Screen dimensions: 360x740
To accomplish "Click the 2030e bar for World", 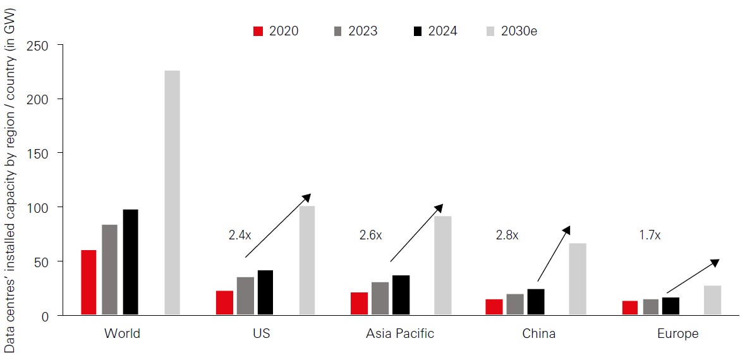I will (172, 193).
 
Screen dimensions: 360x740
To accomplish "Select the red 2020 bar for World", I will (88, 282).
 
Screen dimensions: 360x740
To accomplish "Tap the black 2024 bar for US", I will (265, 292).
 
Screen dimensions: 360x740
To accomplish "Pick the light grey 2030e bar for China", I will (578, 279).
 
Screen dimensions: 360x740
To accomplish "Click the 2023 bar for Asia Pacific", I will (380, 298).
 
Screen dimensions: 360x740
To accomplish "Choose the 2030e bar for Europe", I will (712, 300).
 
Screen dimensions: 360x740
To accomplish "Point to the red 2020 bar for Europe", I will (612, 308).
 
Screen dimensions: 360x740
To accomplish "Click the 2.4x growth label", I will (240, 235).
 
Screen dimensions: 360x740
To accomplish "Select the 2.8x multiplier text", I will (507, 235).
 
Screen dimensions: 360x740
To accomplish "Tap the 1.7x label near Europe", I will (650, 235).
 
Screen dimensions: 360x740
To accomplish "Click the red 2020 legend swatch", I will (258, 31).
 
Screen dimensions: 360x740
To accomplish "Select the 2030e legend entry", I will (516, 31).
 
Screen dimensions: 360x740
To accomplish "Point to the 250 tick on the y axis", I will (41, 45).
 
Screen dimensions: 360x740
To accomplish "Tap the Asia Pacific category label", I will (400, 333).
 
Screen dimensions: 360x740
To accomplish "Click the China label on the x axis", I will (538, 333).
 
